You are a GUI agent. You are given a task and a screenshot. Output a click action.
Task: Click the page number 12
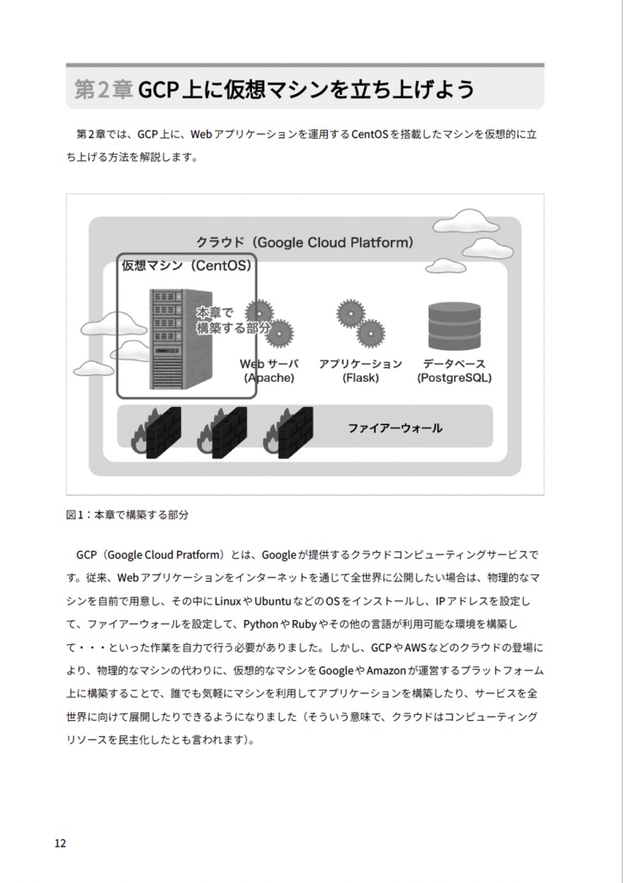pyautogui.click(x=60, y=843)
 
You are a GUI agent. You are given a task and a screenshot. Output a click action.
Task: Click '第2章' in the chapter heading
pyautogui.click(x=103, y=90)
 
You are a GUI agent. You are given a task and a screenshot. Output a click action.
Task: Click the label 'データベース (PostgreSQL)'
pyautogui.click(x=454, y=371)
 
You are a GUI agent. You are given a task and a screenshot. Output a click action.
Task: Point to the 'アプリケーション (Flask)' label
pyautogui.click(x=360, y=371)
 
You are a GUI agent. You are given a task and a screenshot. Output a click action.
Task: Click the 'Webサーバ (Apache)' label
pyautogui.click(x=268, y=371)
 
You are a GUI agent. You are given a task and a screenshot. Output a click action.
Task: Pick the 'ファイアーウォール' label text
pyautogui.click(x=394, y=428)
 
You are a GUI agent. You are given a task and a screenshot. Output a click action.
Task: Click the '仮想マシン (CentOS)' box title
pyautogui.click(x=186, y=266)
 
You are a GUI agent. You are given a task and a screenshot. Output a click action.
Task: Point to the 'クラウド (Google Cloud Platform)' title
pyautogui.click(x=305, y=242)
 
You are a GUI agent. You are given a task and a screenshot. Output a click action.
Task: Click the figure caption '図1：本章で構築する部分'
pyautogui.click(x=127, y=515)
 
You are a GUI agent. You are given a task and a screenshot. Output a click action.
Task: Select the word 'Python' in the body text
pyautogui.click(x=261, y=623)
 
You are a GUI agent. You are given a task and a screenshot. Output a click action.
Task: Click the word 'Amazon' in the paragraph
pyautogui.click(x=387, y=670)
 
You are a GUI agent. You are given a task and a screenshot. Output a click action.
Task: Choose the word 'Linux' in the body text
pyautogui.click(x=228, y=600)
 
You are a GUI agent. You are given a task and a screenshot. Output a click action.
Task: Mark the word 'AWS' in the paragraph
pyautogui.click(x=417, y=647)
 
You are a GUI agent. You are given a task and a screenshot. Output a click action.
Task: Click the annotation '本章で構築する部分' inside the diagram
pyautogui.click(x=231, y=320)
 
